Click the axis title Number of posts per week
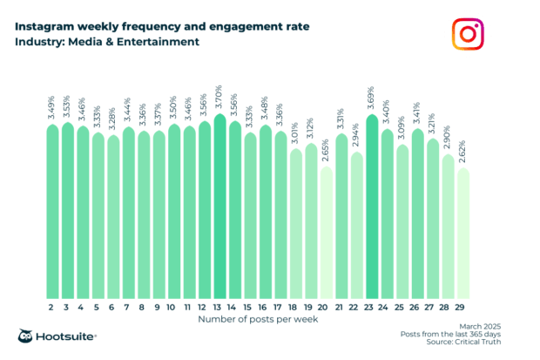[x=258, y=320]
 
